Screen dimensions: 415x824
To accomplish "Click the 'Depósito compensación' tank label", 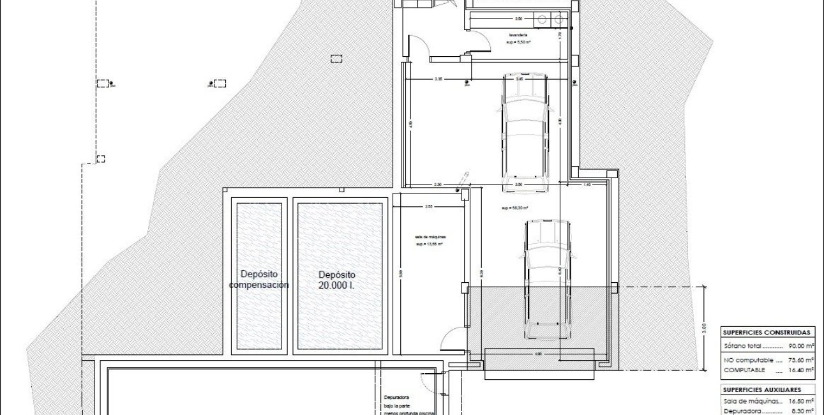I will click(258, 280).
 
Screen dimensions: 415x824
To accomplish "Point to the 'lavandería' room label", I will click(518, 35).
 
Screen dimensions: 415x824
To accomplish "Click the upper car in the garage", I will click(525, 131).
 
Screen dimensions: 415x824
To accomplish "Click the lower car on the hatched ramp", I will click(547, 280).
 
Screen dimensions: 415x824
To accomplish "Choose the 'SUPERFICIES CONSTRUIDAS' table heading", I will click(767, 333).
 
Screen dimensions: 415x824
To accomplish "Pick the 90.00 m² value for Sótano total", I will click(801, 345).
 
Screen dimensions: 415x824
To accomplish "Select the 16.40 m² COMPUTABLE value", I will click(801, 370).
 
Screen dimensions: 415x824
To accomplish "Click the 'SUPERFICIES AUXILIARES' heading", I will click(761, 389).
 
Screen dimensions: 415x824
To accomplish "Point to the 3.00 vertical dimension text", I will click(705, 328).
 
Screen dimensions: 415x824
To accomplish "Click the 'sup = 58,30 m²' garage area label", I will click(515, 208).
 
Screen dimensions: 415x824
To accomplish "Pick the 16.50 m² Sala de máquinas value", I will click(801, 402).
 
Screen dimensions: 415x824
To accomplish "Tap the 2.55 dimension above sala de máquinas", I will click(429, 206).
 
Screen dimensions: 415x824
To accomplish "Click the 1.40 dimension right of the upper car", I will click(587, 185).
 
